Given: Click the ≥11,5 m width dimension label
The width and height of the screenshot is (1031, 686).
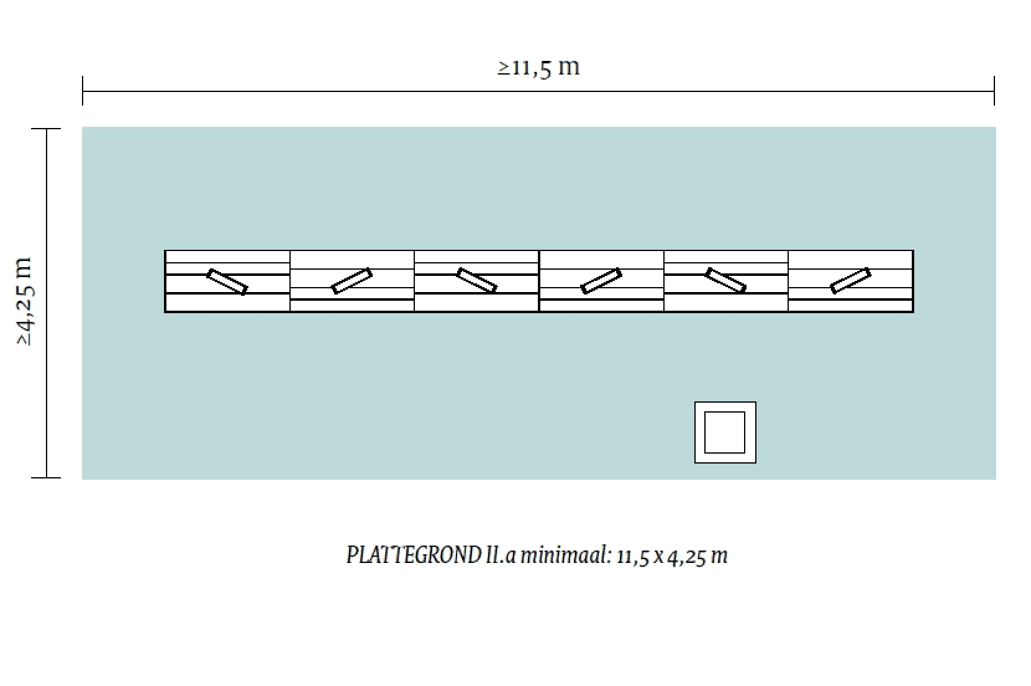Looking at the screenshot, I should [x=538, y=66].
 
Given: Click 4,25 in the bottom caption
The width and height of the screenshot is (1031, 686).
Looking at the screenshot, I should [x=688, y=556].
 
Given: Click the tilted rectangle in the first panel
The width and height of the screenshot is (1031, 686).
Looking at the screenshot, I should [x=227, y=281].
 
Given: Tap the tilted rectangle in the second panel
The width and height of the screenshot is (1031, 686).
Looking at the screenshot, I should [x=352, y=281].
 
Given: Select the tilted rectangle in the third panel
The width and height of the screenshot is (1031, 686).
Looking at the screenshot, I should [x=477, y=280].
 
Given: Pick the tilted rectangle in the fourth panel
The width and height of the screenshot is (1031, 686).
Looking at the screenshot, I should [x=601, y=281].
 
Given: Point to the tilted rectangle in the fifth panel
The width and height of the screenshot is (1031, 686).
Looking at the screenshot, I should [x=726, y=280].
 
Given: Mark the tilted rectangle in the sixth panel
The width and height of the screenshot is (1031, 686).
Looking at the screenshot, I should [x=851, y=280].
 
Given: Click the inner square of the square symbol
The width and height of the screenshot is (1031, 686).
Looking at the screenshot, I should [x=725, y=432].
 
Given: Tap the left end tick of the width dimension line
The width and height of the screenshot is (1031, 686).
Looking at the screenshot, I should [x=83, y=91].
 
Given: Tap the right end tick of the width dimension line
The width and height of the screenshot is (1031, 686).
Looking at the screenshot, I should [x=994, y=91].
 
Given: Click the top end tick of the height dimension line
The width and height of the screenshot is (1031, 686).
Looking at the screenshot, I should [x=47, y=129].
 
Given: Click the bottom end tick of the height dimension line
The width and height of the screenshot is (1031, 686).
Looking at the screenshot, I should [x=47, y=477].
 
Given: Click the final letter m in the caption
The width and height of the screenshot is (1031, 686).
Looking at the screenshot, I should [x=720, y=556].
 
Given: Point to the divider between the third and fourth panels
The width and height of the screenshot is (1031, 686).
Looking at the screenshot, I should [x=539, y=281].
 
